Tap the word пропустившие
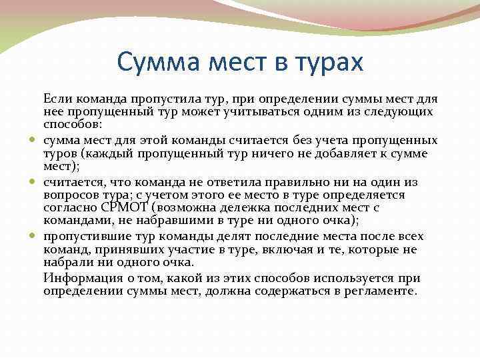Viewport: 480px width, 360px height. (x=84, y=236)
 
